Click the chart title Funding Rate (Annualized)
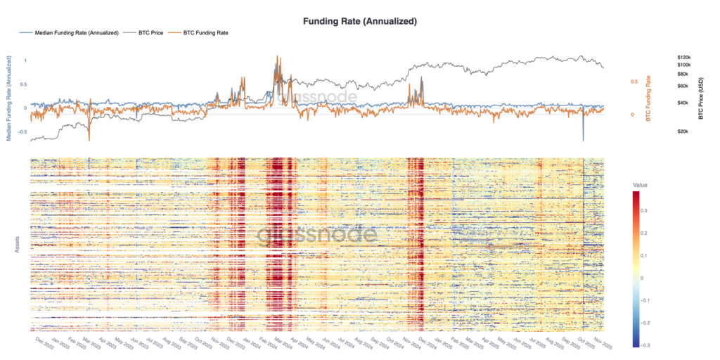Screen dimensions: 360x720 coord(359,21)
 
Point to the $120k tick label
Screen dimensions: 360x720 coord(683,57)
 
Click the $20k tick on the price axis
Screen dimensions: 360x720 coord(681,131)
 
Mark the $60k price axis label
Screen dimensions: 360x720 coord(681,86)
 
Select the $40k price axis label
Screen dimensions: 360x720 coord(681,103)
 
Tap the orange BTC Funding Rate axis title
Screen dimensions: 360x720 coord(646,99)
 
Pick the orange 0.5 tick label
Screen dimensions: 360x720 coord(634,82)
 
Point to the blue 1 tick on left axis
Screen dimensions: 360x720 coord(25,60)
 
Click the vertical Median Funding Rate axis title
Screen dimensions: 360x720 coord(9,98)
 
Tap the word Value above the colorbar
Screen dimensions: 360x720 coord(641,186)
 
